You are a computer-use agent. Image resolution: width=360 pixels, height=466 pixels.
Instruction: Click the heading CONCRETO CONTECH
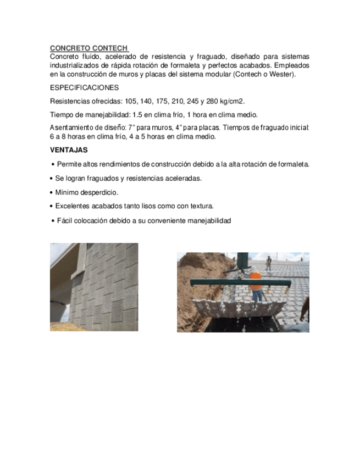coord(88,48)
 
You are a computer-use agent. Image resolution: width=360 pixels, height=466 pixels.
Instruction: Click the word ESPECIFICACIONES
coord(84,88)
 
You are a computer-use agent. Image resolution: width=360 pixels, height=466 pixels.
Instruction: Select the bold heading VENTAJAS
coord(69,149)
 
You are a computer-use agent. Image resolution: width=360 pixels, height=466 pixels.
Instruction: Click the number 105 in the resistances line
coord(130,101)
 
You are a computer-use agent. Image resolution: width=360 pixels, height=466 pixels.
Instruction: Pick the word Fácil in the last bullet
coord(65,220)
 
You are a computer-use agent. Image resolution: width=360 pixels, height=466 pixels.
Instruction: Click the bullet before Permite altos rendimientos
coord(52,164)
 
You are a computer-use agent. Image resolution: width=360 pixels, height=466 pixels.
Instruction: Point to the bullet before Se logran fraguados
coord(52,179)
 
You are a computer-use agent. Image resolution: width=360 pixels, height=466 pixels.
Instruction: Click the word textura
coord(200,206)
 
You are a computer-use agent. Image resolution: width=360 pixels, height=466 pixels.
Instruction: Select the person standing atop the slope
coord(268,263)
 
